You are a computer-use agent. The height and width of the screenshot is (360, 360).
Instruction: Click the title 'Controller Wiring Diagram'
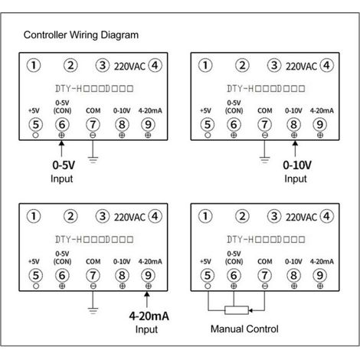coord(81,35)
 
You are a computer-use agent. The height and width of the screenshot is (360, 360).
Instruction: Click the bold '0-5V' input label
coord(64,165)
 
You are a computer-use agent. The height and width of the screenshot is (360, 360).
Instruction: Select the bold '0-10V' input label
coord(297,165)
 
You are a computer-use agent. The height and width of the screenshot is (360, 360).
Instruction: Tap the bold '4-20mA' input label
coord(149,316)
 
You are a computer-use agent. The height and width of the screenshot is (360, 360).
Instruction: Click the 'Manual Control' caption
coord(244,329)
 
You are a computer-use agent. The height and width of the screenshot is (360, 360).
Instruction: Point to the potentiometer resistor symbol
coord(237,310)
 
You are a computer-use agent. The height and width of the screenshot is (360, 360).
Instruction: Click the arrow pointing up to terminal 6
coord(61,149)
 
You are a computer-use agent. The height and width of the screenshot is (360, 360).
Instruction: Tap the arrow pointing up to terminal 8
coord(295,149)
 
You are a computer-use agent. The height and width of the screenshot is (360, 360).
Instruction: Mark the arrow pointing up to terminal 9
coord(147,299)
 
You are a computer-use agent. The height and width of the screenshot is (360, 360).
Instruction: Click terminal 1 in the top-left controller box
coord(34,65)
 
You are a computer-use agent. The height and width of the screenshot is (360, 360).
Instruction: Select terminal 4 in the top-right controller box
coord(326,65)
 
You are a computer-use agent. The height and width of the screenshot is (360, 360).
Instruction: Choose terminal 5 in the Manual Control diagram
coord(208,275)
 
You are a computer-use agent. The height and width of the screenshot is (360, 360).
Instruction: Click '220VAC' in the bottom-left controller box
coord(129,218)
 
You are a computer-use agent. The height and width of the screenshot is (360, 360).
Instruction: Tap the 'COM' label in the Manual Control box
coord(265,261)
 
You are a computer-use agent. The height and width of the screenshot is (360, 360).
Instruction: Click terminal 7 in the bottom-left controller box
coord(93,275)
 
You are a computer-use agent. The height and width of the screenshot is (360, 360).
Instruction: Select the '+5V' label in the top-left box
coord(34,111)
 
